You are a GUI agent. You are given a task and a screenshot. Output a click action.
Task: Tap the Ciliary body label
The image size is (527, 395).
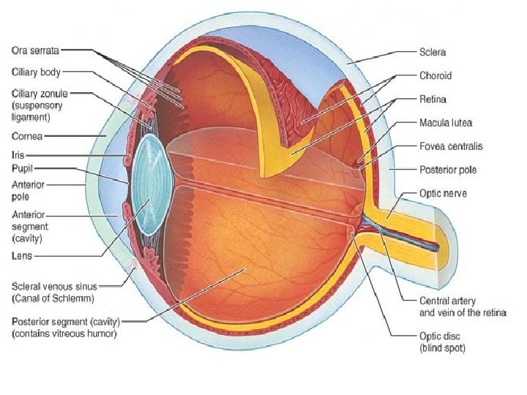[36, 72]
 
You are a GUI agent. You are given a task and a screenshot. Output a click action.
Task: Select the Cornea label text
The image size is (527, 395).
[26, 135]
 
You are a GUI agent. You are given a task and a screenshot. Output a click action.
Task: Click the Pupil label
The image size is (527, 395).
[22, 168]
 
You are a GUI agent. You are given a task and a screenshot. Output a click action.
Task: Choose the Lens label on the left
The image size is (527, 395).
[21, 256]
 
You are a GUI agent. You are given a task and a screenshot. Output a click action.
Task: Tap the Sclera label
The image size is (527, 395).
[433, 53]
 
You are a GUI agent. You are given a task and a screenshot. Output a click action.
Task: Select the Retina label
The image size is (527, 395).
[433, 98]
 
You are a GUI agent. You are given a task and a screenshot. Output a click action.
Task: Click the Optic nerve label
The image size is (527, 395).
[443, 194]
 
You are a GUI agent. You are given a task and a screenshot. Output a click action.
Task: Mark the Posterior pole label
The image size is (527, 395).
[447, 170]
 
